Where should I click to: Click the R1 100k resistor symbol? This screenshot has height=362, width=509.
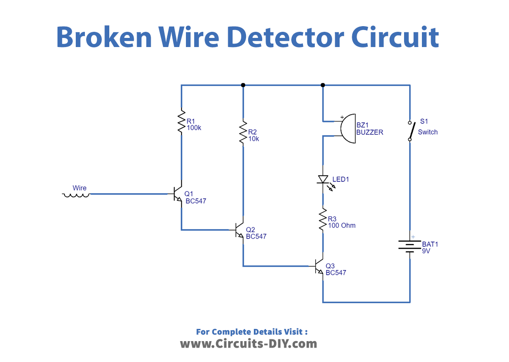coord(181,123)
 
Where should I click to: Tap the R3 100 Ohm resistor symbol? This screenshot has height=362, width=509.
coord(323,220)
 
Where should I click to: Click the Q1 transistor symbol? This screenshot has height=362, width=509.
coord(178,194)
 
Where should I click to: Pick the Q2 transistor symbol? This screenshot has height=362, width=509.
coord(239,230)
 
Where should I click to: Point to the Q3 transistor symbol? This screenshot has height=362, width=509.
coord(319,266)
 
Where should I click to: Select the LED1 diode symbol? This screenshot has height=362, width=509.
coord(323,179)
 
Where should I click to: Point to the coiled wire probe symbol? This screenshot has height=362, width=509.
coord(77,195)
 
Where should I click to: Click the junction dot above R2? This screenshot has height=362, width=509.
coord(243,85)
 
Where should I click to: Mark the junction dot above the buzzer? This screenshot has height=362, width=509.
coord(323,85)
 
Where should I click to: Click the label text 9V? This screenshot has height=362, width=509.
coord(426,251)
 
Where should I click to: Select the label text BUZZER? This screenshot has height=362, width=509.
coord(370,132)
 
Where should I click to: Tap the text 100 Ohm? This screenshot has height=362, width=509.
coord(342,226)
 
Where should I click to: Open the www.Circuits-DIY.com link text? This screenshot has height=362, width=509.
coord(248,344)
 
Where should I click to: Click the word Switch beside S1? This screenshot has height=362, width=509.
coord(428,132)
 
